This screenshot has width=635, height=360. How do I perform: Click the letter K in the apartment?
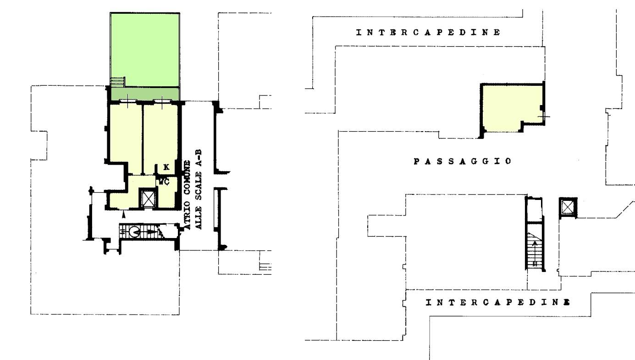(166, 167)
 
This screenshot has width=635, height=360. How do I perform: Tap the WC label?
(164, 182)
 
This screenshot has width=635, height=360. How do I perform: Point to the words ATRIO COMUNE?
(188, 195)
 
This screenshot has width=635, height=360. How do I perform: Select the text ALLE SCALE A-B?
(199, 189)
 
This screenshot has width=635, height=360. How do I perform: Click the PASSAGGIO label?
(463, 161)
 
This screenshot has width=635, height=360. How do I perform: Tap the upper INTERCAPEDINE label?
(428, 32)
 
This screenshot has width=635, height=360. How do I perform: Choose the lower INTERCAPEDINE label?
(498, 303)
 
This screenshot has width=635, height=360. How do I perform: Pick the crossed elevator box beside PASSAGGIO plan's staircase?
(568, 208)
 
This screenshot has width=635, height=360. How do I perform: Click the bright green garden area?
(145, 50)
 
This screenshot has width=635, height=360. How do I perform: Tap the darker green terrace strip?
(145, 94)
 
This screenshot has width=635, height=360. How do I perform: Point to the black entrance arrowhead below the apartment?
(123, 215)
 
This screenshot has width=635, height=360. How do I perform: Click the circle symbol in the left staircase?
(135, 232)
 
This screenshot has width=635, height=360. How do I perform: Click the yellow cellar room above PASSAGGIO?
(512, 108)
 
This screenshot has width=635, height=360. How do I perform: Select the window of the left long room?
(128, 101)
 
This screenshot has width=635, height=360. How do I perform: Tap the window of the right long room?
(162, 101)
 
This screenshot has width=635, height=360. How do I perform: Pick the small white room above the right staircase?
(535, 210)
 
